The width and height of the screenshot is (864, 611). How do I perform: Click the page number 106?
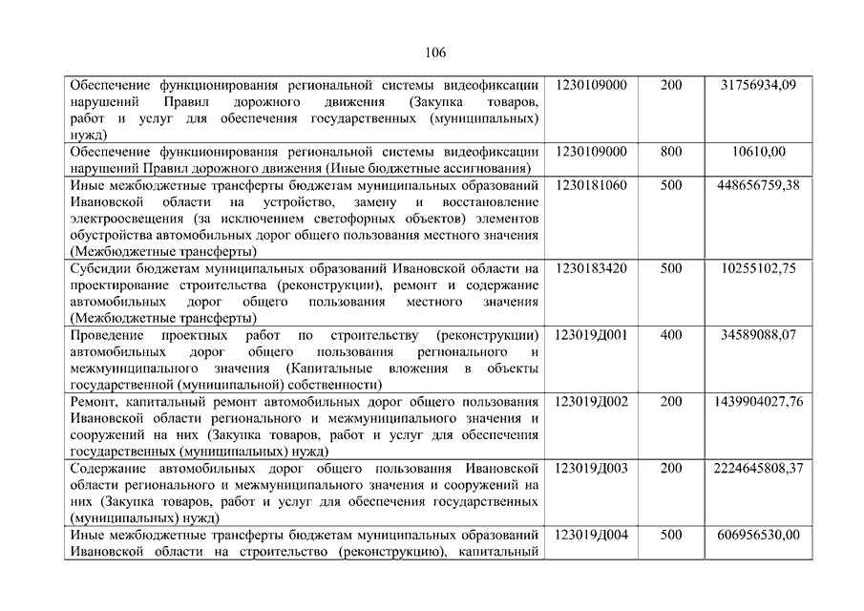coord(432,53)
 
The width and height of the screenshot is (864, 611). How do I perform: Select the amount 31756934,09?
coord(758,86)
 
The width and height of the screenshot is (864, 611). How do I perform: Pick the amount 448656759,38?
coord(758,185)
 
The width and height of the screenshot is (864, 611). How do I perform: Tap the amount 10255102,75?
coord(758,269)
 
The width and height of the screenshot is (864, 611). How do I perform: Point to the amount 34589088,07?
coord(758,336)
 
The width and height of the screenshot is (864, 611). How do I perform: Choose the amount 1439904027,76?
coord(758,402)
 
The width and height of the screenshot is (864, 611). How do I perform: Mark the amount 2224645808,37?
coord(758,469)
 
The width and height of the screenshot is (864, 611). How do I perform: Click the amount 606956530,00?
coord(758,535)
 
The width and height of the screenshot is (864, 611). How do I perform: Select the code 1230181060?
coord(591,185)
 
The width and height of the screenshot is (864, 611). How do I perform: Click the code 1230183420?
coord(591,269)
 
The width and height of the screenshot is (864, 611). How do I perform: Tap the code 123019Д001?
coord(591,336)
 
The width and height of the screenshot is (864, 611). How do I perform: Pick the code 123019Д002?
coord(591,402)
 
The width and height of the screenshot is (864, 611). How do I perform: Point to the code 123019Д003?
coord(591,469)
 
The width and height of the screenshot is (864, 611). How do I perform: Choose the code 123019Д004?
coord(591,535)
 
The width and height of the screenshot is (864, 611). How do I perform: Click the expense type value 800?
coord(671,152)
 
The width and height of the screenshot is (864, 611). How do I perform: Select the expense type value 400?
coord(671,336)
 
